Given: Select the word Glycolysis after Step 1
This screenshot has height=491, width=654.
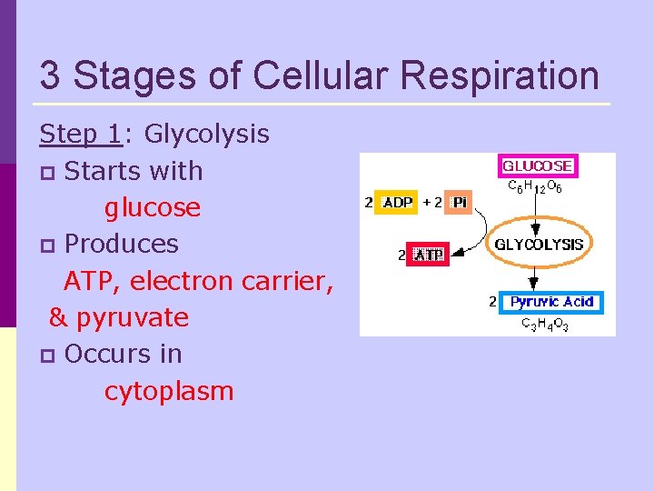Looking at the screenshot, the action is point(207,135).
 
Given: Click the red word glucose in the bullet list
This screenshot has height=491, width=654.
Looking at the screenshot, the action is point(152,207).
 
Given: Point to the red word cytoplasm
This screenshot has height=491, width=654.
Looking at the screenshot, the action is point(169,391).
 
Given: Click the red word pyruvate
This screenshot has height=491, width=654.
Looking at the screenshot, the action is point(132,317).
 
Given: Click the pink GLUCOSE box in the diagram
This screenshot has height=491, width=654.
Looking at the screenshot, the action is point(538,166).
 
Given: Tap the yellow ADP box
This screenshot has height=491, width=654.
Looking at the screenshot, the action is point(398,202).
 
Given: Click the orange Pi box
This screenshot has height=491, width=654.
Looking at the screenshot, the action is point(459,202).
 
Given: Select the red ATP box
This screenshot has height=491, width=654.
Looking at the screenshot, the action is point(429,256).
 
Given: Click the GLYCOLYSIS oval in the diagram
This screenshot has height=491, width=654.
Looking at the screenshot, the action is point(539,244).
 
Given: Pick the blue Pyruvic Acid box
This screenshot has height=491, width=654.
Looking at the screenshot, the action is point(550,301).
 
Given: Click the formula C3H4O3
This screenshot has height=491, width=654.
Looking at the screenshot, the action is point(544,324).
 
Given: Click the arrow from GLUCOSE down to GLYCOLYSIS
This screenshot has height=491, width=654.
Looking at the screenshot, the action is point(536,211).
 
